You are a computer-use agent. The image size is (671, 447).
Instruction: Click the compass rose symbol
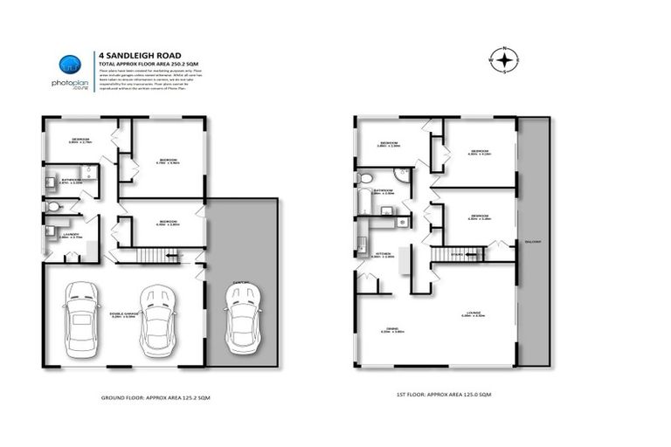pyautogui.click(x=505, y=59)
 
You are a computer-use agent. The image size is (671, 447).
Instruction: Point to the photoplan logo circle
pyautogui.click(x=70, y=65)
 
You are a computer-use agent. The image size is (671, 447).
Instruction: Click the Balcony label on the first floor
pyautogui.click(x=533, y=242)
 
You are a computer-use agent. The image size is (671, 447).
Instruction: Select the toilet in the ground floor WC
pyautogui.click(x=54, y=207)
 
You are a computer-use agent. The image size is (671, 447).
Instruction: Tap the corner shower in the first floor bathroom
pyautogui.click(x=401, y=175)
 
